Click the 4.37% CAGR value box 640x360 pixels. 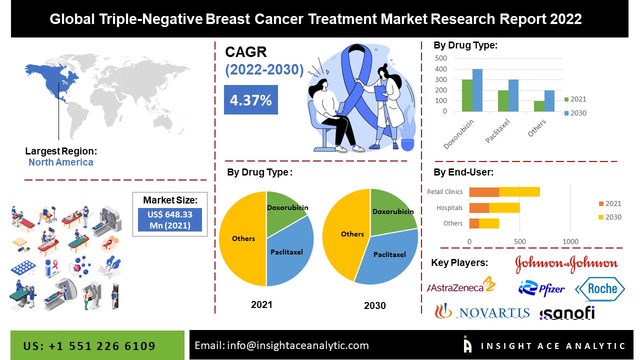click(250, 100)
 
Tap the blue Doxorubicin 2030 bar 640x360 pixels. click(477, 90)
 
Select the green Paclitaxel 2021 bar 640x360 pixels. click(503, 101)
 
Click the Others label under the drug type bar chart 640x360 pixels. click(537, 128)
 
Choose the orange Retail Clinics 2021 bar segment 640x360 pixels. click(484, 191)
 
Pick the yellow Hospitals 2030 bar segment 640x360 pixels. click(504, 207)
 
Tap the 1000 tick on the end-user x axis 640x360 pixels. click(570, 242)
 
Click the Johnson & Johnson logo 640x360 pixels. click(566, 263)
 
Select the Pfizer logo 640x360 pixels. click(541, 288)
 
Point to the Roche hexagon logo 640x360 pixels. click(600, 288)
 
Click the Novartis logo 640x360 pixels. click(482, 312)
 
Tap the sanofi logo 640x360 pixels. click(567, 313)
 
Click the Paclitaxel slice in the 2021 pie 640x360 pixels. click(287, 252)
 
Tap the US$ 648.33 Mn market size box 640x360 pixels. click(170, 219)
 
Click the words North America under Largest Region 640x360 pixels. click(60, 162)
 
